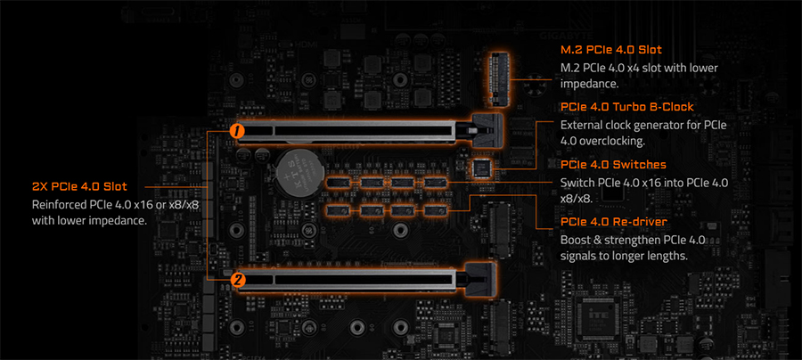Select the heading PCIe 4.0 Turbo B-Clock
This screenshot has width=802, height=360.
pos(626,108)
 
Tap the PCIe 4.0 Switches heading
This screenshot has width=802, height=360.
pos(613,165)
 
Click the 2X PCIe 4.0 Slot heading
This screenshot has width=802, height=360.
pos(79,187)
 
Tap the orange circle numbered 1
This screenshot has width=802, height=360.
pos(236,130)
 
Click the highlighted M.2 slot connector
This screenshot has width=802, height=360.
pos(497,75)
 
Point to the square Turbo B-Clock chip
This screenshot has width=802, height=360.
pos(482,167)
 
